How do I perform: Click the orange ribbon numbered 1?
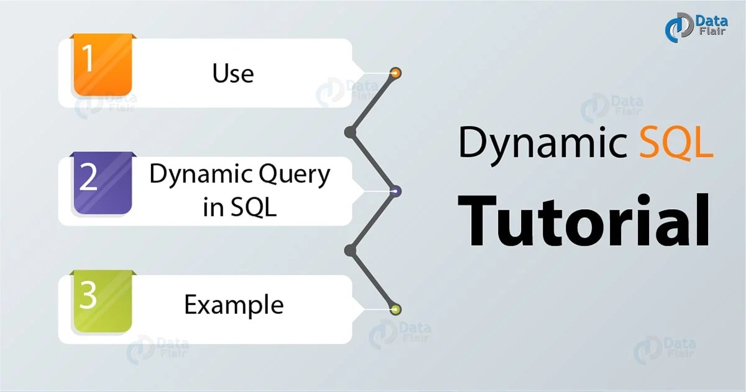click(101, 65)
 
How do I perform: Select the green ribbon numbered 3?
click(101, 301)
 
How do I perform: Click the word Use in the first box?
click(233, 73)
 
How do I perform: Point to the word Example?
click(234, 305)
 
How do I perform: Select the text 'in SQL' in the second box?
click(239, 208)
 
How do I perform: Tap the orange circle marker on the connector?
click(395, 73)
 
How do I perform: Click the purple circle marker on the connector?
click(395, 191)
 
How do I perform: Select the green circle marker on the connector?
click(395, 309)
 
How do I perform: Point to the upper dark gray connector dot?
click(350, 132)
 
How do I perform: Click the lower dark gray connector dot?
click(350, 250)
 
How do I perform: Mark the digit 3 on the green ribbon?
click(88, 297)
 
